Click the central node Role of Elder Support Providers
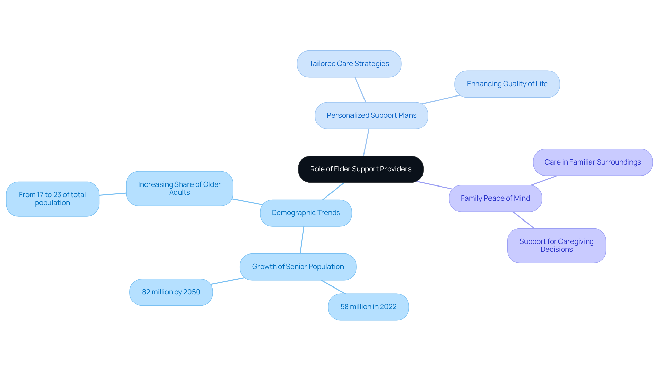360,169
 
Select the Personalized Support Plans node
371,115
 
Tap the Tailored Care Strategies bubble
349,64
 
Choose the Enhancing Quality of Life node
507,84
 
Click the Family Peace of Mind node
495,198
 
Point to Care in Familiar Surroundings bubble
592,162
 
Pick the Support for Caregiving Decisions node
556,246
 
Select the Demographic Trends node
305,213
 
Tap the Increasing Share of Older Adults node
179,189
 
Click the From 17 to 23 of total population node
52,199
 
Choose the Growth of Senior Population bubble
298,267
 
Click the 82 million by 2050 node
171,292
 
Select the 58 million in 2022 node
368,307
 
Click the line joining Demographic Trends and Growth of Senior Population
302,240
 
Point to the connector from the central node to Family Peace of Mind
435,185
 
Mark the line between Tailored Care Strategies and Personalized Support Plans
360,89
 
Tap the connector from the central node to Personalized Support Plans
366,142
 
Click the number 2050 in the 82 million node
192,292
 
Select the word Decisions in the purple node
556,250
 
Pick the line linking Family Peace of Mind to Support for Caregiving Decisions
523,220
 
